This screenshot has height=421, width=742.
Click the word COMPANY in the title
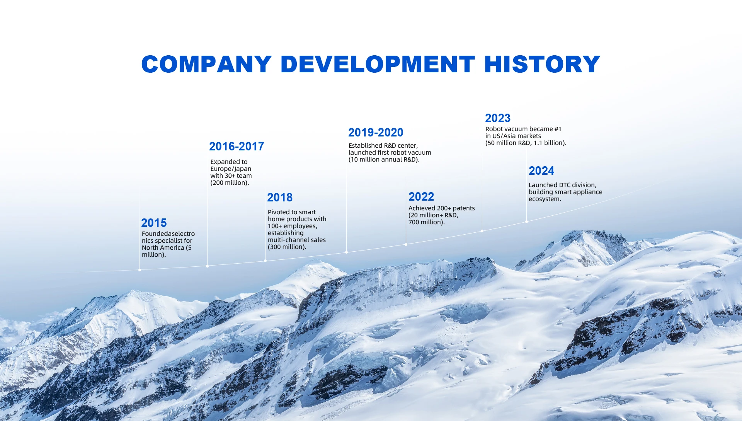[x=206, y=64]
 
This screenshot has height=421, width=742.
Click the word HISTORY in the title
[x=542, y=64]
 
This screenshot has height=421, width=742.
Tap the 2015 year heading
[x=154, y=223]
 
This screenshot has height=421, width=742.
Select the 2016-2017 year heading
[x=237, y=147]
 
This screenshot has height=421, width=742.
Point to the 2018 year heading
[x=280, y=198]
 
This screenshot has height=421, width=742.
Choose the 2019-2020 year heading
[x=376, y=133]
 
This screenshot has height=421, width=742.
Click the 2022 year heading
[x=421, y=197]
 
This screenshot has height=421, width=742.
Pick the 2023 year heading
[x=498, y=118]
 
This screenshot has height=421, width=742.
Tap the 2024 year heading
[x=541, y=171]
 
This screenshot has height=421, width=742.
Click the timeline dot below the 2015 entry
[x=140, y=270]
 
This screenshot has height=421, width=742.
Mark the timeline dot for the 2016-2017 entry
[x=207, y=266]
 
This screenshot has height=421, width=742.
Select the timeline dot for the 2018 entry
[x=265, y=261]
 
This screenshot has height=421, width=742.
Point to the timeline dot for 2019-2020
[x=346, y=252]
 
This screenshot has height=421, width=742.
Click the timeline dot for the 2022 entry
[x=406, y=244]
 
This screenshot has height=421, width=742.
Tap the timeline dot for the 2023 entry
[x=482, y=231]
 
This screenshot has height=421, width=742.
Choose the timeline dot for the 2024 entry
[x=526, y=222]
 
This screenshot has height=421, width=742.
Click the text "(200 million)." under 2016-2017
[x=230, y=183]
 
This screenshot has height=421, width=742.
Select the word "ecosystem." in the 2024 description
[x=545, y=199]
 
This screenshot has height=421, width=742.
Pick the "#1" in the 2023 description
[x=558, y=129]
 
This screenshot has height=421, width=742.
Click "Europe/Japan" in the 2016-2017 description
[x=231, y=169]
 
